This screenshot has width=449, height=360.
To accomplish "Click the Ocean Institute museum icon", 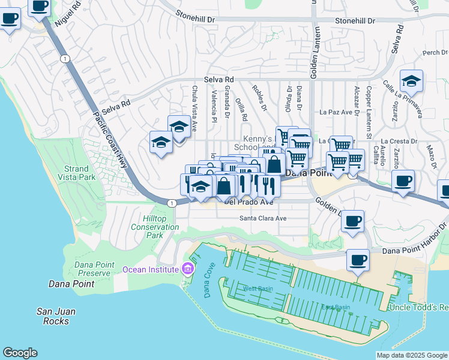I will (x=188, y=269).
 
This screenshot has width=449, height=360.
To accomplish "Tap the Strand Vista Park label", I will (x=77, y=173).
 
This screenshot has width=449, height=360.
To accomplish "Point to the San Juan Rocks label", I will (x=56, y=316).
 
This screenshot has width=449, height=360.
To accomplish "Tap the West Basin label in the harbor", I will (x=258, y=289).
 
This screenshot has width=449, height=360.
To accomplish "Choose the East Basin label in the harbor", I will (x=336, y=307).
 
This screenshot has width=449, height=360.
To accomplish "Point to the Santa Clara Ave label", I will (x=264, y=218).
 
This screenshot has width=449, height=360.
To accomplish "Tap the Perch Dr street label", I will (x=431, y=53).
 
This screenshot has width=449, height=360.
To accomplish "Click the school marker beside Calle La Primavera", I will (x=411, y=81).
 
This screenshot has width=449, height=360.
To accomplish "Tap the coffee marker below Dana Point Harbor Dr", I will (x=358, y=261).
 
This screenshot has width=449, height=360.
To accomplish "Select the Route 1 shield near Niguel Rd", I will (x=64, y=58).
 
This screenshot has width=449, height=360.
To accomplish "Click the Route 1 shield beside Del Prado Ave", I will (x=172, y=203).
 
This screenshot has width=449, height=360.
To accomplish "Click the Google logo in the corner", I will (x=20, y=353).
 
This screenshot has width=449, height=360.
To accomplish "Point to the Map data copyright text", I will (x=411, y=355).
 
